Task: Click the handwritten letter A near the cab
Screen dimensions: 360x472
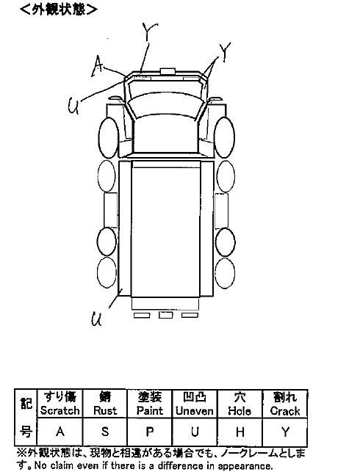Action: (x=98, y=66)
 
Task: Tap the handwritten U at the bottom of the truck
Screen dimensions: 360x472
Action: (x=96, y=319)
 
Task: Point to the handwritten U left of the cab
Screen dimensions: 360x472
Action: (x=73, y=106)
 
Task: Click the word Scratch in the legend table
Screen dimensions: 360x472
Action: (x=60, y=410)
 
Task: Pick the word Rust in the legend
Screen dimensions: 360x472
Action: (x=105, y=410)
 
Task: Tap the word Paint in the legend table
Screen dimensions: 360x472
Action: (x=150, y=410)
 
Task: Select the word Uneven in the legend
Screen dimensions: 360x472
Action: (x=195, y=410)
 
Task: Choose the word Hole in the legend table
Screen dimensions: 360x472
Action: (x=240, y=410)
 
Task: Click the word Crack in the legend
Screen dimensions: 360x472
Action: (x=285, y=410)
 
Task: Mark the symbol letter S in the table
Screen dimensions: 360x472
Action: (x=105, y=432)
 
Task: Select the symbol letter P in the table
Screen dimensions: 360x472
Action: (x=150, y=432)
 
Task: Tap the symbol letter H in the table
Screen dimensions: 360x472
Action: (x=240, y=432)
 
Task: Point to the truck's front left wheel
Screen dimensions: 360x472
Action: (x=108, y=137)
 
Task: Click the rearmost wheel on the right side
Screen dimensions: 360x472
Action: (x=226, y=273)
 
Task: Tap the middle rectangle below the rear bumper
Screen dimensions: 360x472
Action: (x=166, y=315)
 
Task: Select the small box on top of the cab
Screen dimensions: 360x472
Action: (x=168, y=71)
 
